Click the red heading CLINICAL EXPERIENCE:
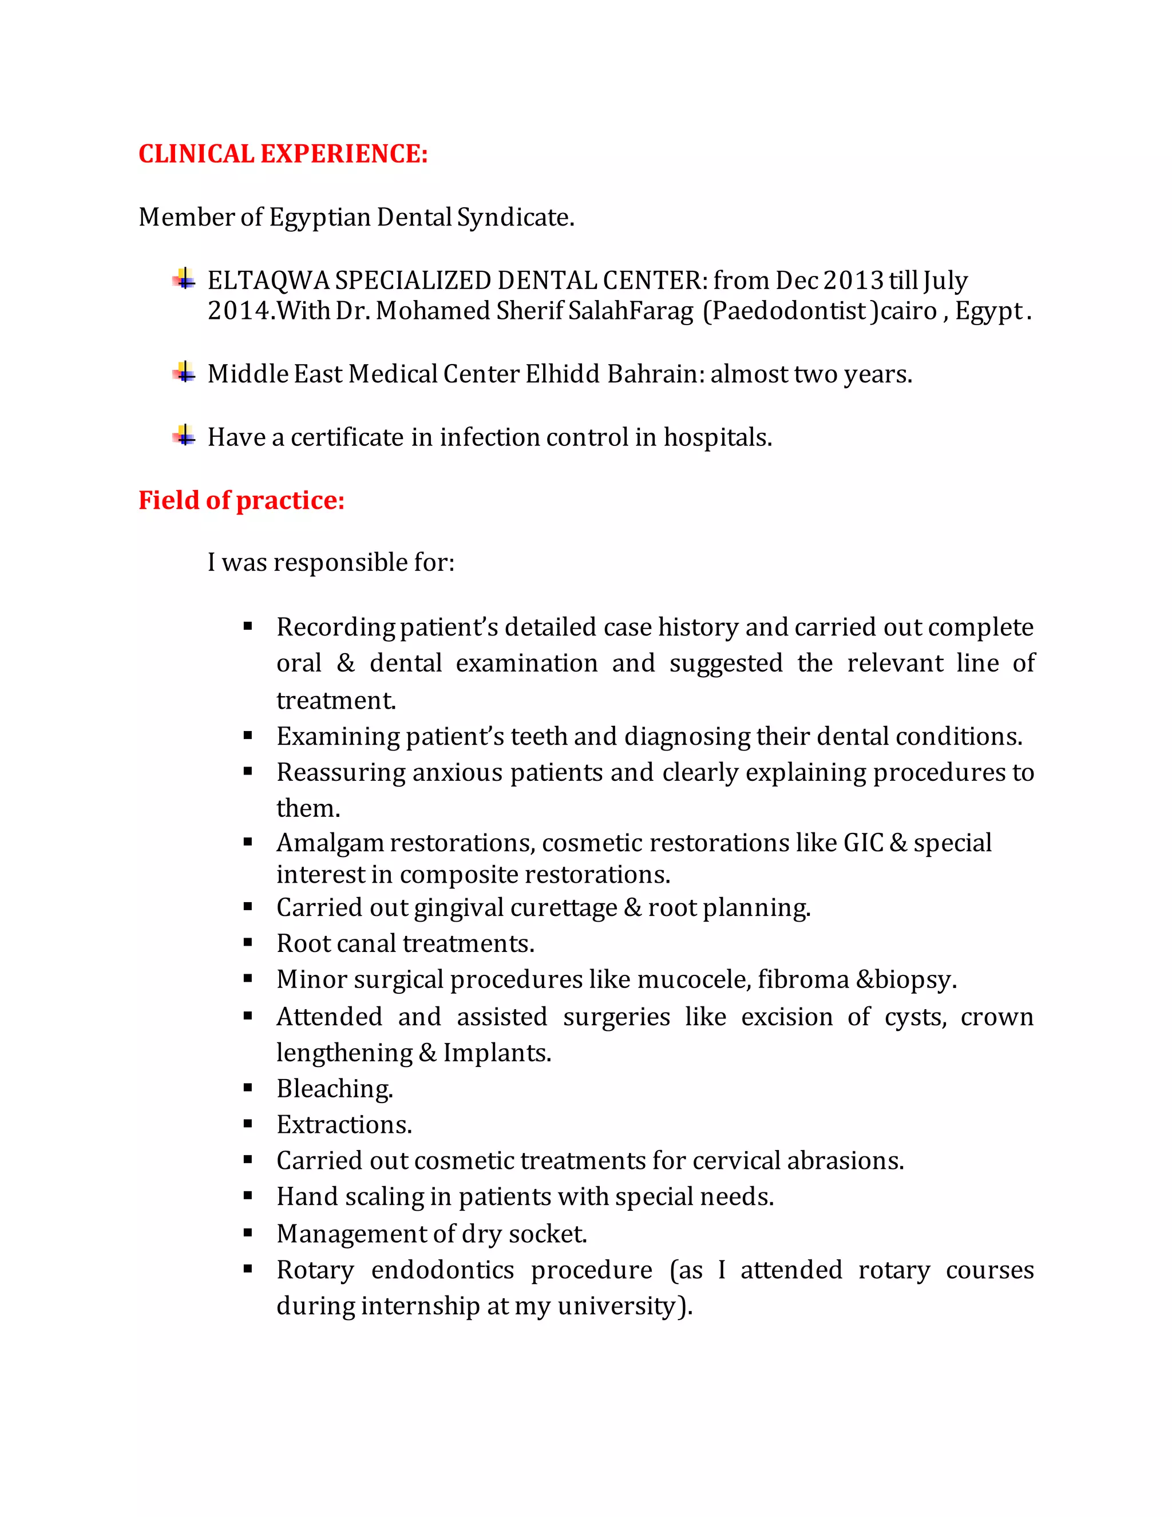tap(283, 153)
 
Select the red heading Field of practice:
tap(241, 500)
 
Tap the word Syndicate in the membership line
tap(514, 218)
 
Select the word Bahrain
tap(655, 374)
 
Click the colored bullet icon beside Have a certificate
tap(184, 436)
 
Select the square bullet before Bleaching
tap(248, 1088)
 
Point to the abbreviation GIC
tap(863, 843)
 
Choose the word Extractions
tap(344, 1124)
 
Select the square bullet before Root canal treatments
tap(248, 943)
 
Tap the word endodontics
tap(442, 1270)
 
